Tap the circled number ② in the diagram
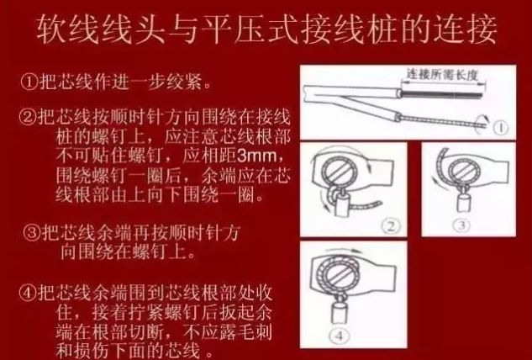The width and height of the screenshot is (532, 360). (x=391, y=225)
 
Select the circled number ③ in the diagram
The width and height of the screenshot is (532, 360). (x=461, y=225)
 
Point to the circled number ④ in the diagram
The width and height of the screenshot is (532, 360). (x=340, y=336)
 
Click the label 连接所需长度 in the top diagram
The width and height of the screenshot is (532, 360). (x=442, y=74)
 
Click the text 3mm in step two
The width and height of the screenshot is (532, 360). (x=257, y=156)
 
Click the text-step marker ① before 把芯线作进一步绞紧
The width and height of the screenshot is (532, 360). (x=29, y=82)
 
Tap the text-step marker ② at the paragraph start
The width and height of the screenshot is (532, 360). (x=28, y=117)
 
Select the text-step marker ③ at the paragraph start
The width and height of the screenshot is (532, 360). (x=32, y=232)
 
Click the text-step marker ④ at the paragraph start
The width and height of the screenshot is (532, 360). (x=28, y=293)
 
